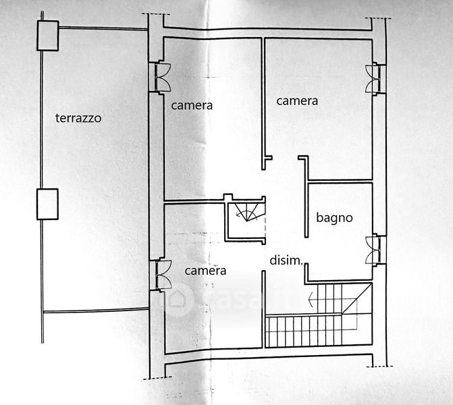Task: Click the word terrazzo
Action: [x=78, y=118]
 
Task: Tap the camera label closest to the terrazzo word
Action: [x=192, y=105]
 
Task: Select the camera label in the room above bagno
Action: [x=297, y=101]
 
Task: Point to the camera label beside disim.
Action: [x=205, y=271]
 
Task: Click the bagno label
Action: [x=335, y=217]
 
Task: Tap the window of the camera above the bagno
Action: [x=373, y=78]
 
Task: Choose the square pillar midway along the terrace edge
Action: [x=47, y=205]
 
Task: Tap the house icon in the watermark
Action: [x=178, y=298]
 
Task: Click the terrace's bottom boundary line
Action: [x=95, y=310]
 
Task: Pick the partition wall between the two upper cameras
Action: [x=263, y=101]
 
